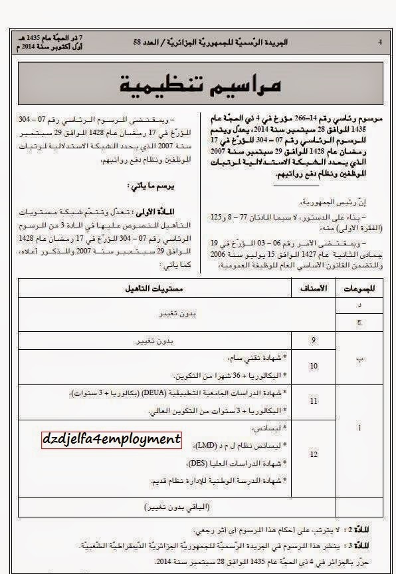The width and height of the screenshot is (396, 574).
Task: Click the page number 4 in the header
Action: pos(379,42)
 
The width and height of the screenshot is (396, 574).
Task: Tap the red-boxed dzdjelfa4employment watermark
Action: pos(111,440)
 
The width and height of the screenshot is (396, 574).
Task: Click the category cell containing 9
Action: pos(314,341)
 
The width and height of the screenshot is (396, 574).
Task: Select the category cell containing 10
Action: pos(314,365)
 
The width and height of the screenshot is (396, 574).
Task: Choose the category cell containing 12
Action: pos(314,454)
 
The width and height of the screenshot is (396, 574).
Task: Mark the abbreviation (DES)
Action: pos(214,462)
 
